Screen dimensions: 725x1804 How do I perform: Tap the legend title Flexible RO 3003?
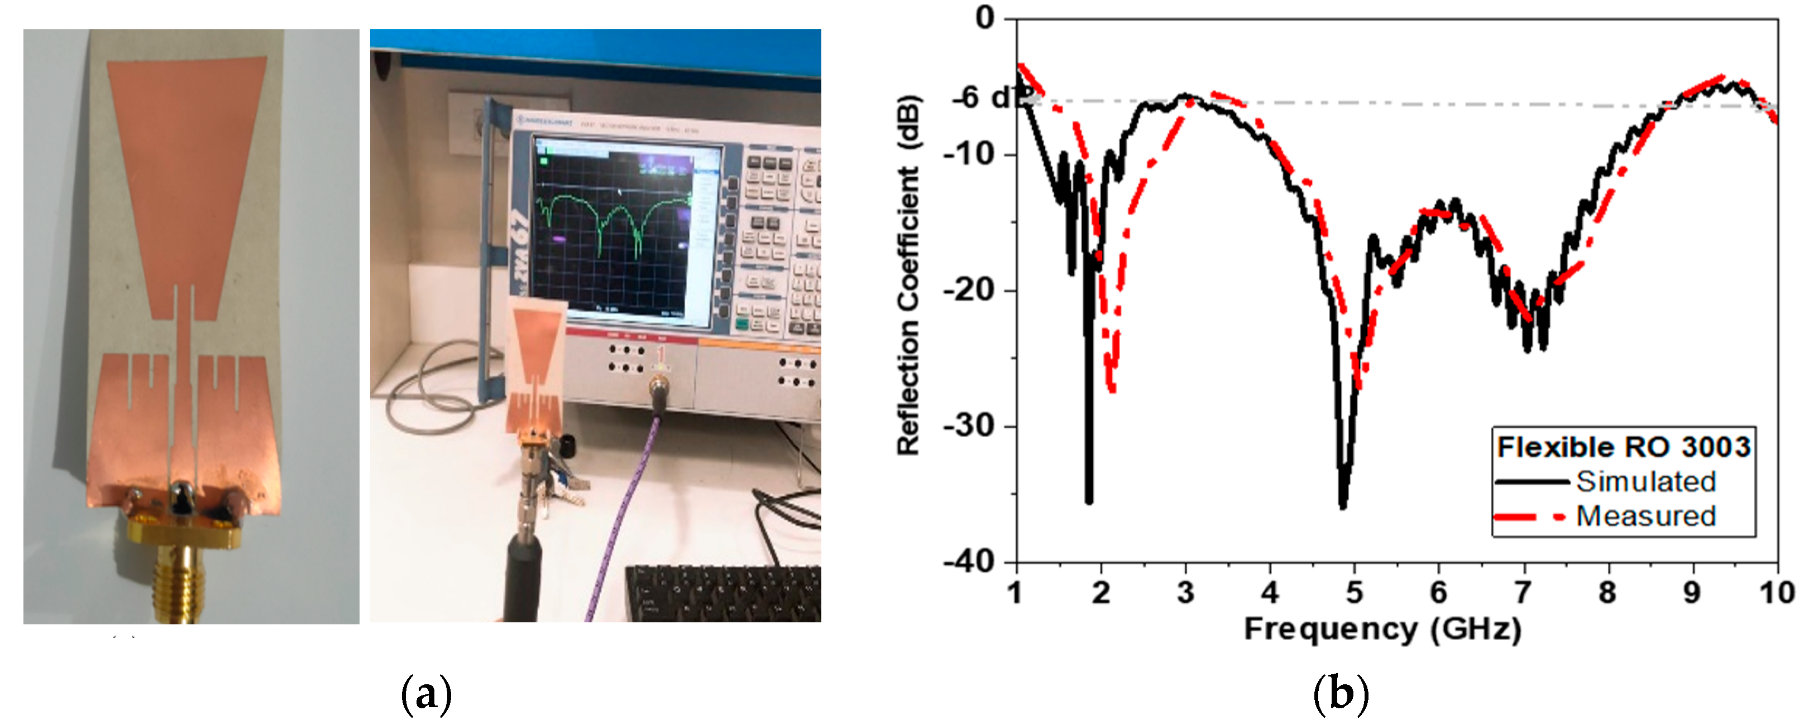(x=1623, y=447)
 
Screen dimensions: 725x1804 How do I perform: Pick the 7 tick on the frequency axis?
(x=1523, y=593)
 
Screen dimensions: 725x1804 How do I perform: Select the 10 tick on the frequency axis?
(x=1776, y=593)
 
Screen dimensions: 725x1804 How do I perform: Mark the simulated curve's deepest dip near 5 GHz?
(x=1342, y=505)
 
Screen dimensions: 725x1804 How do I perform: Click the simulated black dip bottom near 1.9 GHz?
(x=1089, y=500)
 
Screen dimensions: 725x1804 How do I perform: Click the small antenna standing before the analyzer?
(x=536, y=364)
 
